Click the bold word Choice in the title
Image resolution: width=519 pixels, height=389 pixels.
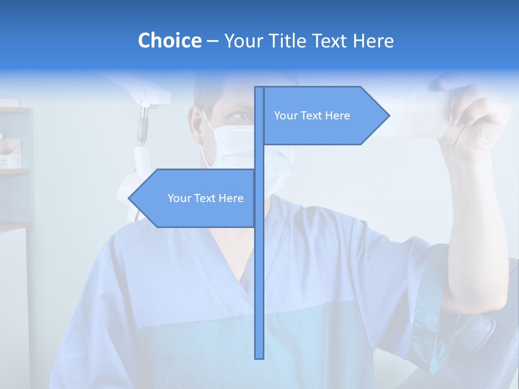coord(169,41)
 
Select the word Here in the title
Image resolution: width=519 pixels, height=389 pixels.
coord(373,41)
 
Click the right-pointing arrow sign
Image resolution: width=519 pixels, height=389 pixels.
coord(324,116)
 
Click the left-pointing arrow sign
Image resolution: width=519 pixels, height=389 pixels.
coord(195,198)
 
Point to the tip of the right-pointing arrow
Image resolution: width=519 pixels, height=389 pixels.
coord(388,116)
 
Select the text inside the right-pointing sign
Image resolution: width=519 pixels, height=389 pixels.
coord(312,116)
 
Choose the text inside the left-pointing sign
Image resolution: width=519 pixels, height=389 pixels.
coord(205,198)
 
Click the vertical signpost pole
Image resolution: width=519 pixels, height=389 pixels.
coord(259,270)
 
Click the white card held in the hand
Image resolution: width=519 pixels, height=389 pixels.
coord(416,116)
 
